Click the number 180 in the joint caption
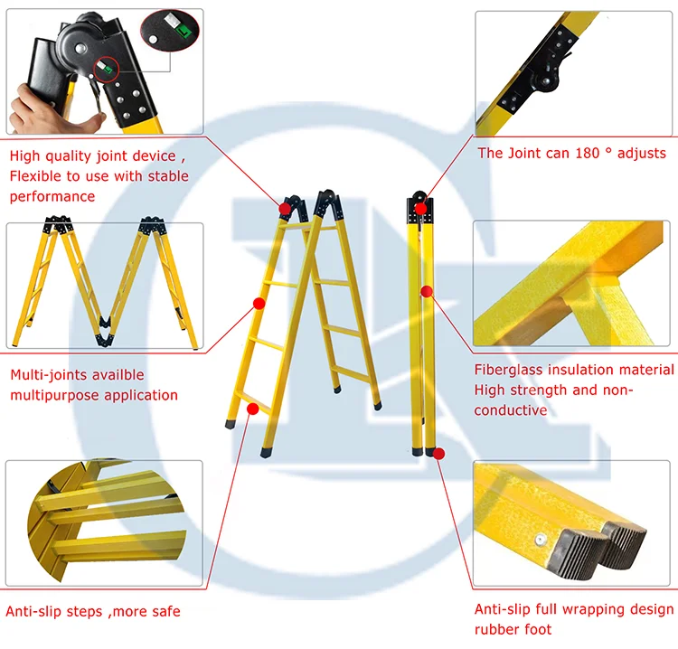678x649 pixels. (x=588, y=153)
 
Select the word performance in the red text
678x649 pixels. (x=52, y=197)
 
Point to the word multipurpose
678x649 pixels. (x=54, y=396)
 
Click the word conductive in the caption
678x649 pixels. (x=511, y=410)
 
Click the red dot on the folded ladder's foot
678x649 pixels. (x=438, y=454)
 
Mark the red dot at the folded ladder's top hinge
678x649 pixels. (x=420, y=210)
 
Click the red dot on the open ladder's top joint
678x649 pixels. (x=285, y=210)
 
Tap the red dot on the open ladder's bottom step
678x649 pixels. (x=253, y=409)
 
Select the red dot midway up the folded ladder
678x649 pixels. (x=427, y=291)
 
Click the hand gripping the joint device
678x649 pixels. (x=48, y=111)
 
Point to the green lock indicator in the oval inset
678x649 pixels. (x=184, y=30)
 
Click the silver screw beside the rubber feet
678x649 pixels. (x=540, y=540)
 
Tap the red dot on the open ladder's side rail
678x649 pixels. (x=259, y=304)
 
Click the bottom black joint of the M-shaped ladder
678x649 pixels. (x=105, y=332)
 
